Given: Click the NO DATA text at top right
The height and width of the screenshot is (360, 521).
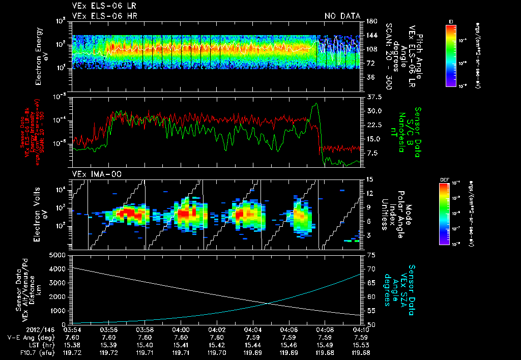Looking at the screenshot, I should [342, 16].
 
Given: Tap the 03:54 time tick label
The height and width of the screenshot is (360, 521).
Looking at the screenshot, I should [73, 329].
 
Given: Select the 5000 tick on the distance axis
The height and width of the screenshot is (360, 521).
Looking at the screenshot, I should [60, 254].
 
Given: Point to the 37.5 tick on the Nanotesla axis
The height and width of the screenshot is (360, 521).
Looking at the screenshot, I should [373, 97].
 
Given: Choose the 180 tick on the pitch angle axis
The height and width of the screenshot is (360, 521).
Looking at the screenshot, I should [371, 21].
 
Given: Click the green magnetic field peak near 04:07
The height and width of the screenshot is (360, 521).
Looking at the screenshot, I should [316, 104].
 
